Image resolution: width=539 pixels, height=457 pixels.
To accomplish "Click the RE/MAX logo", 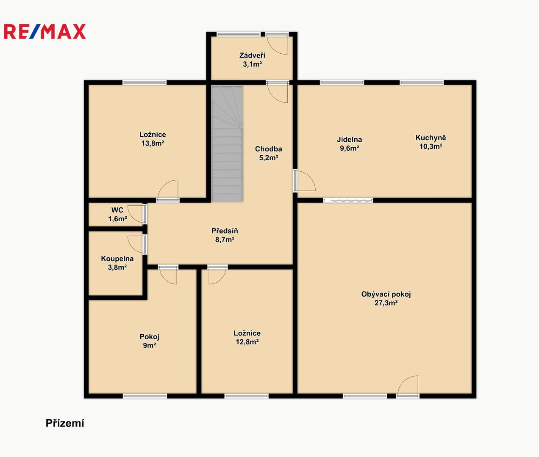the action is point(45,31).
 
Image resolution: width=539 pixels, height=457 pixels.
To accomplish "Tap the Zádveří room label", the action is point(252,55).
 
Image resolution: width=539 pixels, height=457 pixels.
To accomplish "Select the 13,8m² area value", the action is point(153,143).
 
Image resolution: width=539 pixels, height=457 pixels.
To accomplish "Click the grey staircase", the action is point(227,144).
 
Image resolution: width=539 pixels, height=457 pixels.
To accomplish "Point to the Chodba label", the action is point(268,149).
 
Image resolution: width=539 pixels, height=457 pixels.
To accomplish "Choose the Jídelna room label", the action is point(349,140).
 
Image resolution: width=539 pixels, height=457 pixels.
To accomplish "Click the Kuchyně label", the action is point(431,138).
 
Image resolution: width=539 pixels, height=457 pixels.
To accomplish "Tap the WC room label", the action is point(117,210).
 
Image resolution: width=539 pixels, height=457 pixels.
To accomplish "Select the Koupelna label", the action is point(117,259).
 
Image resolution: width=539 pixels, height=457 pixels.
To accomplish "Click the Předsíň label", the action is point(225,231).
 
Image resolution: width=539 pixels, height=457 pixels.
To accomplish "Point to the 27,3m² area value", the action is point(386,303).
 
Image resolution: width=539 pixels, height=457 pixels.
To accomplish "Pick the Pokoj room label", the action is point(150,337).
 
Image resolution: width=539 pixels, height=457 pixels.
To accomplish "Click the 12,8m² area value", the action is point(247,342).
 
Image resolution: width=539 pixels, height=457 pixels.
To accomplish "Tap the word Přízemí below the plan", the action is point(65,423).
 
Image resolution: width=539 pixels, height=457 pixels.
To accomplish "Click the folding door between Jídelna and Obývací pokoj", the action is point(348,200).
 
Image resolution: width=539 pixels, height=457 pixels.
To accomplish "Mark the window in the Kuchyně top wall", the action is point(422,83).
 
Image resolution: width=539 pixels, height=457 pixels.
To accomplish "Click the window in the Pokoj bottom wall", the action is point(145,396).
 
